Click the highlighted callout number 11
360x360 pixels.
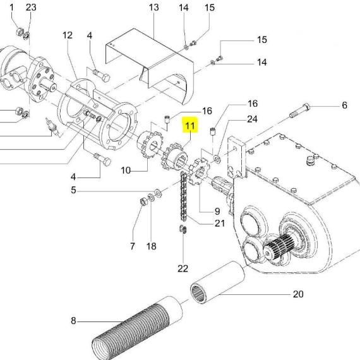click(x=190, y=126)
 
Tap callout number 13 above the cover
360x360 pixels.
click(x=153, y=8)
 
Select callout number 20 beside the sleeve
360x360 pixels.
click(x=298, y=294)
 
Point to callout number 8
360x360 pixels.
click(x=73, y=320)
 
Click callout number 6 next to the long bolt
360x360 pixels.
click(x=344, y=105)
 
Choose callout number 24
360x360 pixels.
click(x=252, y=119)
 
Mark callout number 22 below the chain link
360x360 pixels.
click(x=183, y=268)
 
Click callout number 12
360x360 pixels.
click(x=68, y=35)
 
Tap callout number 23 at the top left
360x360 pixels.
click(x=31, y=8)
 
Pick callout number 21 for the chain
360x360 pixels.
click(x=220, y=223)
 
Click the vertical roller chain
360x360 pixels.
click(x=183, y=196)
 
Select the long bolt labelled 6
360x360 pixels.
click(x=299, y=111)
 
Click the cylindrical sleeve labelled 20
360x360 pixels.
click(x=218, y=282)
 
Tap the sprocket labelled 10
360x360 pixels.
click(x=150, y=144)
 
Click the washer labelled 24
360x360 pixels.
click(x=217, y=159)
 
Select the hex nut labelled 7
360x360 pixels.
click(x=144, y=201)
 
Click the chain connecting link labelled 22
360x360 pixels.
click(x=183, y=229)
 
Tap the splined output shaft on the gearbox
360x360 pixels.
click(x=280, y=246)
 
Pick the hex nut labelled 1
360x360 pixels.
click(x=20, y=32)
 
